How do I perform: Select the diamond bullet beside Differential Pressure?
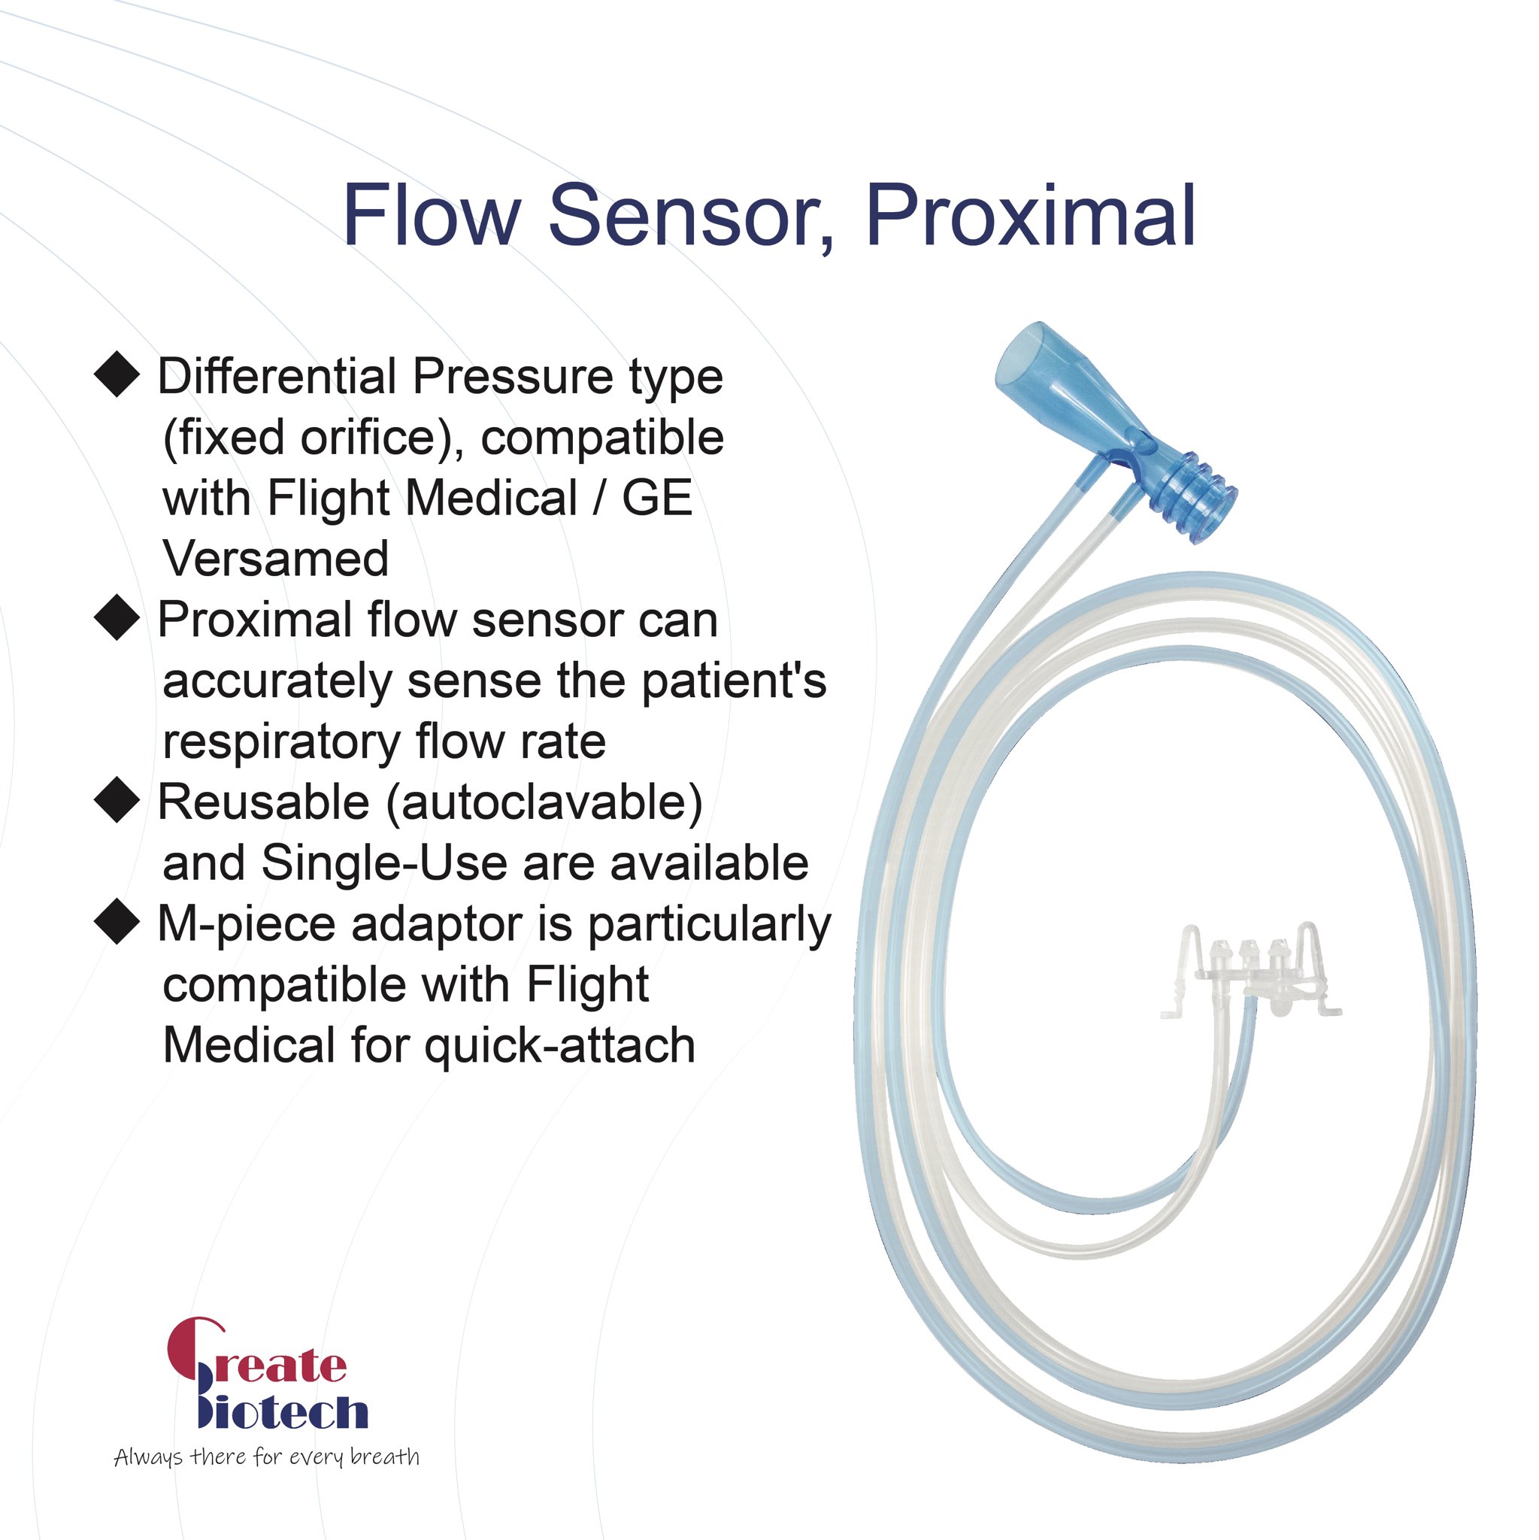117,374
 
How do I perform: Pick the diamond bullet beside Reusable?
117,799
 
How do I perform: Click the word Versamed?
276,558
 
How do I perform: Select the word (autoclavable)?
544,802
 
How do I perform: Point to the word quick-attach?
559,1046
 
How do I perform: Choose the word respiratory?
281,742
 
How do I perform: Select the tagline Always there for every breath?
266,1458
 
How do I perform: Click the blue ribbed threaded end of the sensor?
1195,500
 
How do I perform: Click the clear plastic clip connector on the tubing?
1248,970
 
